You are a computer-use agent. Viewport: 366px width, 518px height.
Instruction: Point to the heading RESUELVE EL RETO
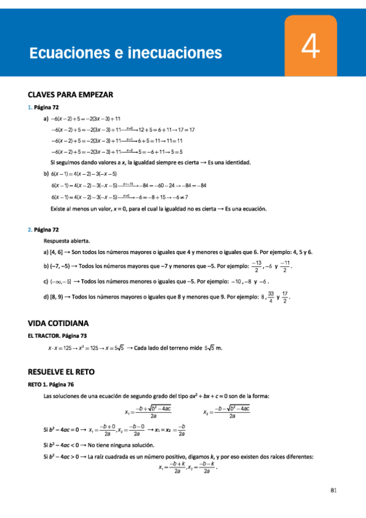[x=61, y=371]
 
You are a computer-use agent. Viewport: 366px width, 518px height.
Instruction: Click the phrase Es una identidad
[x=230, y=162]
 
